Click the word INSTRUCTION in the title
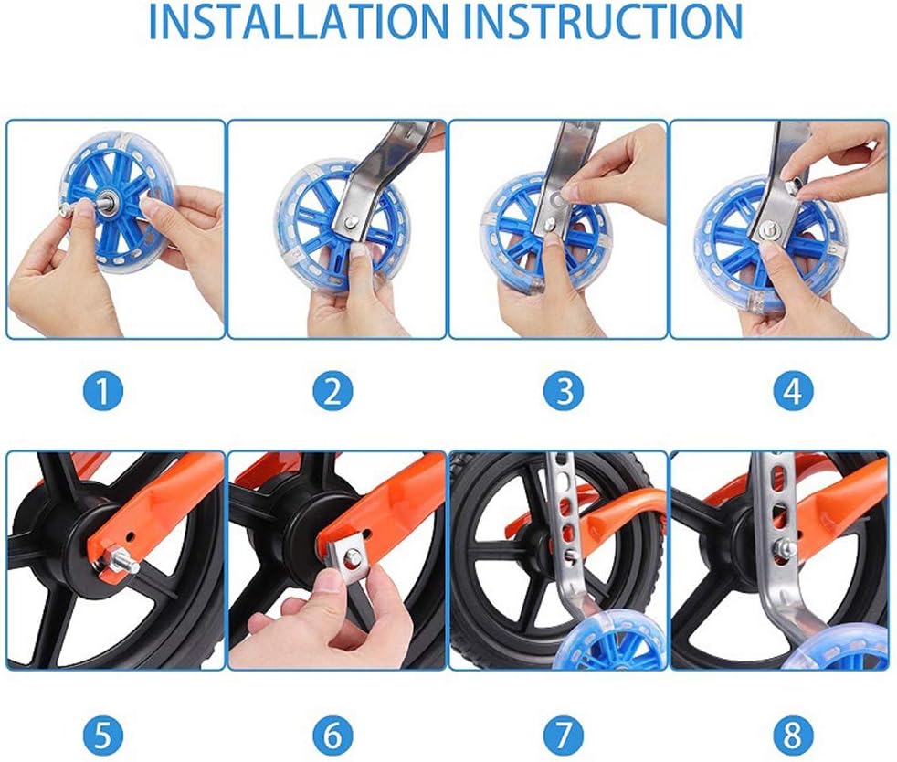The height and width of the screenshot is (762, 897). (x=607, y=21)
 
